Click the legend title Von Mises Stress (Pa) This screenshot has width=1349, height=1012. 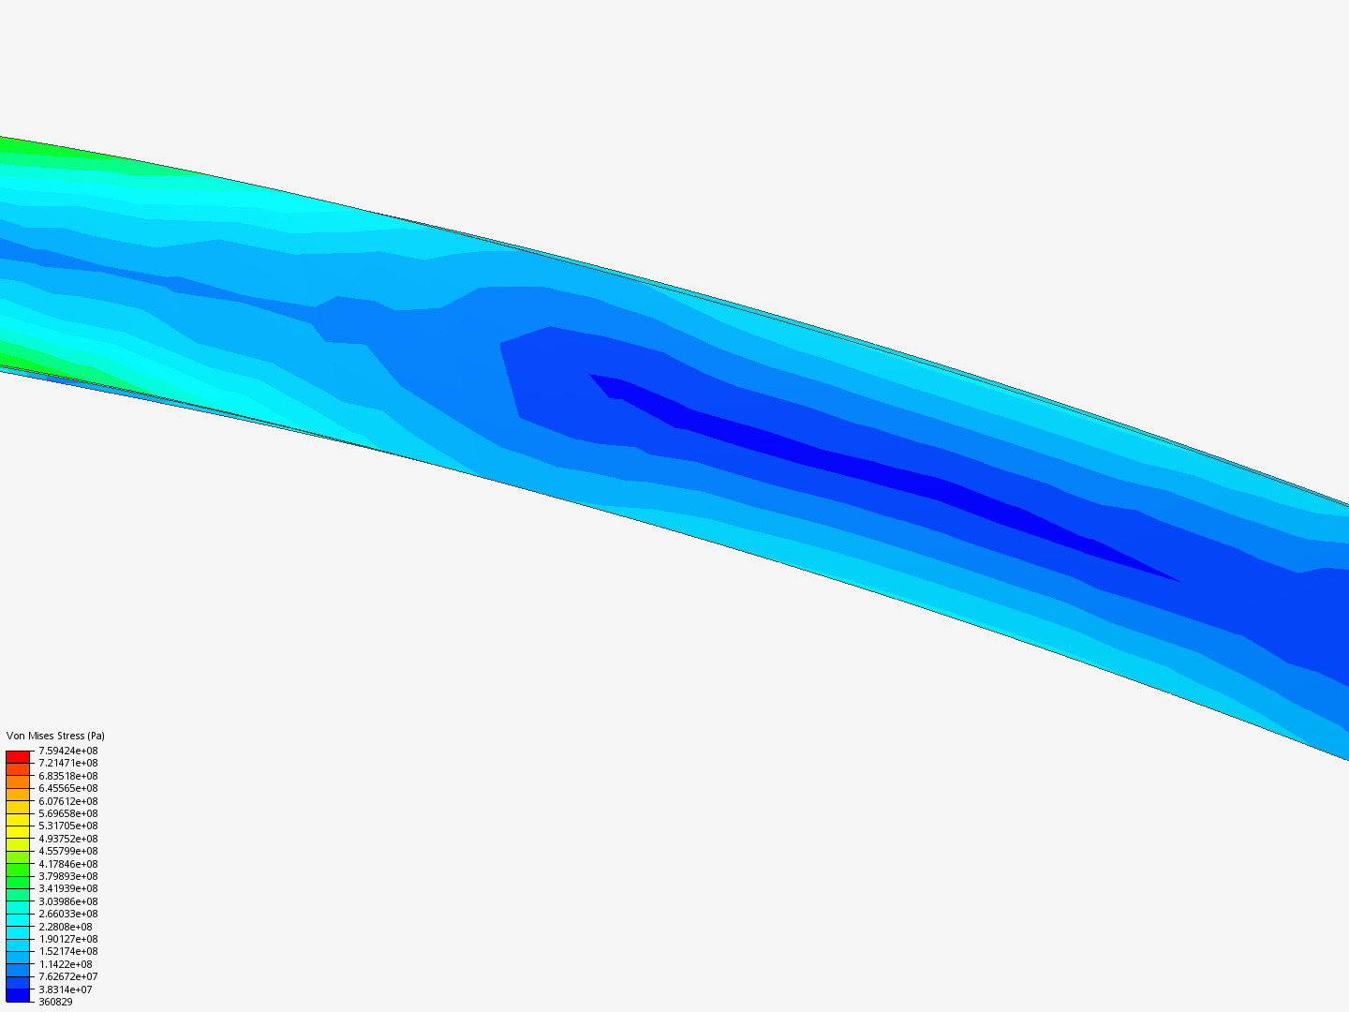[x=55, y=736]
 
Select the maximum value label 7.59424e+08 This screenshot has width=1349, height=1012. [x=68, y=751]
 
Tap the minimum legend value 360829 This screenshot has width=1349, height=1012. [x=55, y=1002]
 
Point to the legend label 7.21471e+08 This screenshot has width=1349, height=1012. [x=68, y=763]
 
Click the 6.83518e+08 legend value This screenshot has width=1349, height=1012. [x=68, y=776]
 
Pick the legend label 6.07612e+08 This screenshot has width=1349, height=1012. [x=68, y=801]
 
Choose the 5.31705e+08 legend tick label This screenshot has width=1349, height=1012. [x=68, y=826]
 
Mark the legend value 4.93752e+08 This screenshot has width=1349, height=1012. [x=68, y=839]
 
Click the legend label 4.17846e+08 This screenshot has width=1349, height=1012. [x=68, y=864]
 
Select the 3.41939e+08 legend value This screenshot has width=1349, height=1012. [x=68, y=888]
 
